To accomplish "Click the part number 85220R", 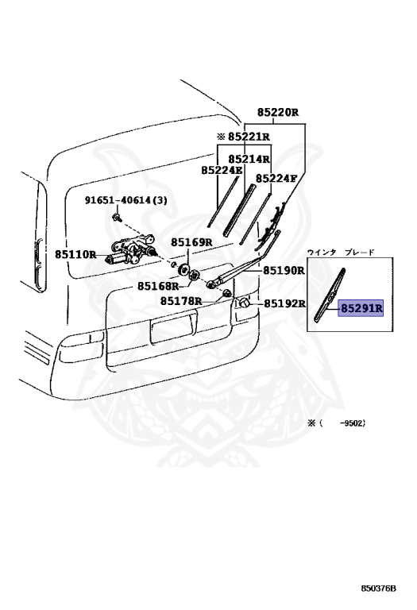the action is [277, 113].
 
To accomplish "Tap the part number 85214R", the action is [249, 159].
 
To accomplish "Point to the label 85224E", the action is [222, 170].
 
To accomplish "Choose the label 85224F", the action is [276, 178].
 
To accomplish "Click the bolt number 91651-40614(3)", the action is [126, 200].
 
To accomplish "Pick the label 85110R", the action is [75, 254].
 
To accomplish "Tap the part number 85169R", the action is [191, 242].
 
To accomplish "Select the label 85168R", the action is [158, 286].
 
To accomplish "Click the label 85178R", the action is [181, 301].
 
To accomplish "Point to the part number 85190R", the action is [284, 270].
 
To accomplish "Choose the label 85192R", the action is [284, 303].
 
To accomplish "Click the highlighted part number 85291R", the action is [361, 308].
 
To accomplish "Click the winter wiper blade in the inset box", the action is [330, 295].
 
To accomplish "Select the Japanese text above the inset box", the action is [341, 252].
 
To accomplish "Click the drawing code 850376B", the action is [379, 589].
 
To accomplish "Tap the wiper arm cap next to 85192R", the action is [244, 303].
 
